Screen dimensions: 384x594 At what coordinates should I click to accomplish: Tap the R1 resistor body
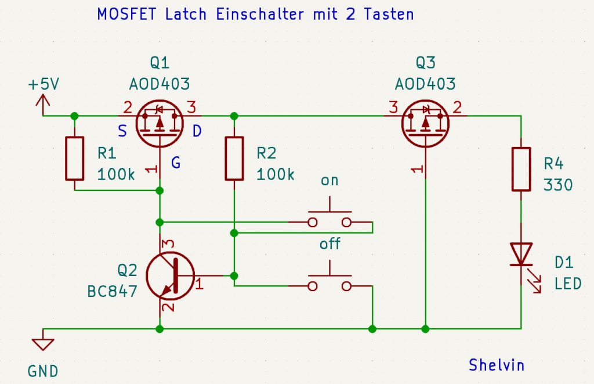pyautogui.click(x=74, y=159)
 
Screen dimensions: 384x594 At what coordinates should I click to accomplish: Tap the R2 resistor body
pyautogui.click(x=234, y=159)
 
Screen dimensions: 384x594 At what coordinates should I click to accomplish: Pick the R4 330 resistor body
pyautogui.click(x=521, y=169)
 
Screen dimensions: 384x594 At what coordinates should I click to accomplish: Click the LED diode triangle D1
pyautogui.click(x=521, y=254)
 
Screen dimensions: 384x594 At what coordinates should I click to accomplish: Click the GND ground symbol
pyautogui.click(x=42, y=343)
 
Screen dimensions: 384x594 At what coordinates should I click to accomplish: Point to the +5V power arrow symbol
pyautogui.click(x=43, y=103)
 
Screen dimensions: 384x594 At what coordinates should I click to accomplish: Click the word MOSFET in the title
pyautogui.click(x=120, y=15)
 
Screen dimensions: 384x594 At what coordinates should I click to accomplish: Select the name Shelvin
pyautogui.click(x=497, y=365)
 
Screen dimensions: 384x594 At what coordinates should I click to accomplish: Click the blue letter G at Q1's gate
pyautogui.click(x=175, y=164)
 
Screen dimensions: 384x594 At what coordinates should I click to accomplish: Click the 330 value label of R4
pyautogui.click(x=558, y=185)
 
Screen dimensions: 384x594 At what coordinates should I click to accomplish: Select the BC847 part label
pyautogui.click(x=112, y=291)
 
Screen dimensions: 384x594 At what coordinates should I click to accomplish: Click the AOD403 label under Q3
pyautogui.click(x=425, y=84)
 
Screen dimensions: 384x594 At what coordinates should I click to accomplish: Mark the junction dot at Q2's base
pyautogui.click(x=234, y=275)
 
